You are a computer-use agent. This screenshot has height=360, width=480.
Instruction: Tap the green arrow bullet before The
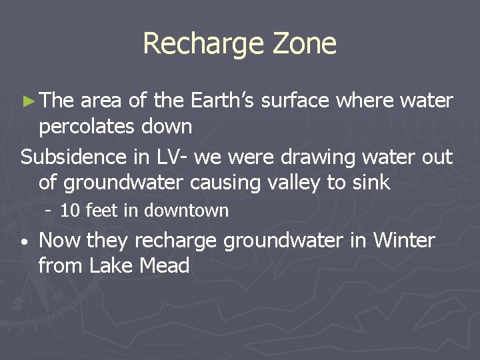(27, 101)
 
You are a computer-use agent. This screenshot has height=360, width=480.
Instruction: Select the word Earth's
(223, 101)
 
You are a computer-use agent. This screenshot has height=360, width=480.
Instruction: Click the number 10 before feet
(70, 211)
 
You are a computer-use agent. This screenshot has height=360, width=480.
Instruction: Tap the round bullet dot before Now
(24, 243)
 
